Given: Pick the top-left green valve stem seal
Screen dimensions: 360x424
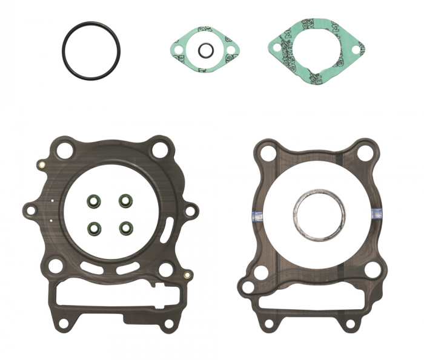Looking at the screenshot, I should pos(94,200).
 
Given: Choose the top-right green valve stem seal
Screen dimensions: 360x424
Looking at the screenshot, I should pos(125,200).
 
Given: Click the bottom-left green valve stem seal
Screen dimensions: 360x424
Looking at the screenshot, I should pos(94,228).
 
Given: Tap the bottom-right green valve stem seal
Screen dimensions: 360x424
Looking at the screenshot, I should pos(125,228).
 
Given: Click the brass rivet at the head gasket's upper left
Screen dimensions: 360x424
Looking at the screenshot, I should pos(41,165).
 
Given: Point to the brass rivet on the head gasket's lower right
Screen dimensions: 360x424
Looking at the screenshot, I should pos(187,277).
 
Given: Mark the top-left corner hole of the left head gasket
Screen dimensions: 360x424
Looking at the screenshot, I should pos(58,149).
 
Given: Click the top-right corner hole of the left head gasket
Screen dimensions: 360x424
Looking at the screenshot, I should pos(159,149).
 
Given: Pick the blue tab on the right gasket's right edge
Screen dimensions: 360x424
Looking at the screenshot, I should pos(377,211).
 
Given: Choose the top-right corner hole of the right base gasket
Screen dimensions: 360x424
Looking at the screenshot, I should pos(365,153).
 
